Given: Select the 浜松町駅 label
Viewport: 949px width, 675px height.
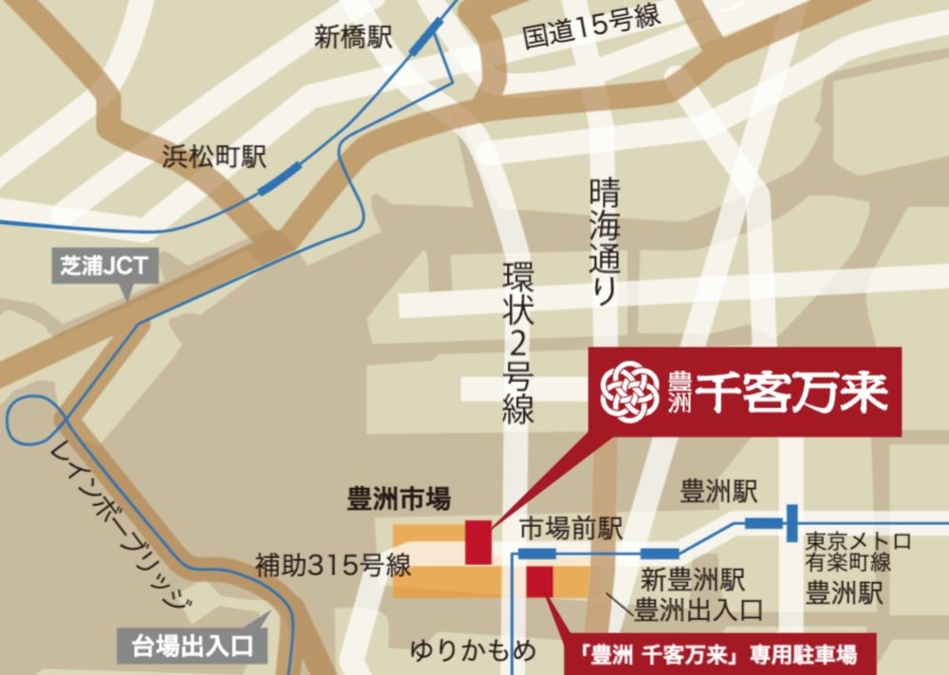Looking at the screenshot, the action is [214, 157].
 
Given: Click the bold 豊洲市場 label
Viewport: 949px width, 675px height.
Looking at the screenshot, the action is [399, 497].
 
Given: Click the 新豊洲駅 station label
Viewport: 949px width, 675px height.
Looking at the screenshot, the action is [693, 578].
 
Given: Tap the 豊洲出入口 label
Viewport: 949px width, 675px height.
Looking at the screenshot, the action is [693, 609].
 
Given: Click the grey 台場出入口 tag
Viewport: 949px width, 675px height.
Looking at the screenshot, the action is [190, 647].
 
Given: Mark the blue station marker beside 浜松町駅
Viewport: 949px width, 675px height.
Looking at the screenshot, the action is [280, 177].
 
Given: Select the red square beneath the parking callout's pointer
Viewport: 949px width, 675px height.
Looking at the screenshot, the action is [539, 582].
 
